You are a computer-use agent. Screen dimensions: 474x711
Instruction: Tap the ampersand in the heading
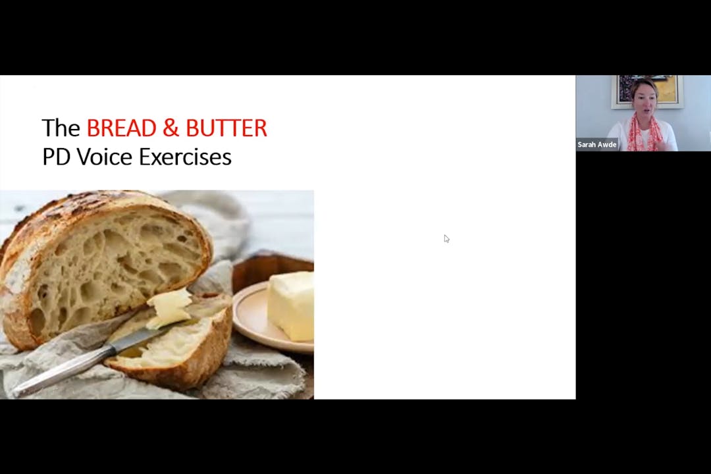(x=171, y=128)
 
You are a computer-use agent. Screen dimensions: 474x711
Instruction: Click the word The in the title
(x=61, y=128)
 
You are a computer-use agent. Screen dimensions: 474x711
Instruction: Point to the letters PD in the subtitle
(x=57, y=157)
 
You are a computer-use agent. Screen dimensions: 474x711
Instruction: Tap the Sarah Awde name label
(x=597, y=145)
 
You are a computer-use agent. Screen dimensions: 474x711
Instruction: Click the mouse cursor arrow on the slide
(x=446, y=238)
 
